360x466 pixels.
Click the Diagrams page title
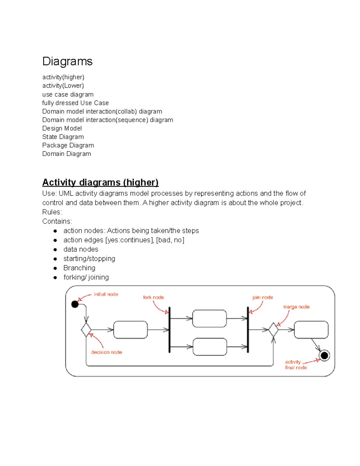(x=67, y=61)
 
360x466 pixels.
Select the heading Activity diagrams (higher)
(x=100, y=182)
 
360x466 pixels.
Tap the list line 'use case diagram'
(x=68, y=95)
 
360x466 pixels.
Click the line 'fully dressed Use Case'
(x=75, y=103)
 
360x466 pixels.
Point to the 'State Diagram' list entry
(x=63, y=137)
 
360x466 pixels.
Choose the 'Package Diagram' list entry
(x=68, y=145)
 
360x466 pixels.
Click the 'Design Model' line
(x=62, y=128)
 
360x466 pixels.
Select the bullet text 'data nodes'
(x=81, y=249)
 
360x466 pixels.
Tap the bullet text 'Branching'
(x=79, y=268)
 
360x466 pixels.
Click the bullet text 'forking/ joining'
(x=86, y=277)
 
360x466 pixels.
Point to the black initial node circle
(x=75, y=304)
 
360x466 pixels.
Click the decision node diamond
(x=86, y=330)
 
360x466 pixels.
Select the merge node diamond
(x=273, y=330)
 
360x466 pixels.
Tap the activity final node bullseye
(x=324, y=356)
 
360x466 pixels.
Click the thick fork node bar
(x=169, y=330)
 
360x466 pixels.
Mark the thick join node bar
(x=248, y=330)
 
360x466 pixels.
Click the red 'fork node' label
(x=153, y=297)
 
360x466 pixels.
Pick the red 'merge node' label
(x=296, y=307)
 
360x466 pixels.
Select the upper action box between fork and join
(x=209, y=319)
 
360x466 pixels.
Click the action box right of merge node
(x=311, y=330)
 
